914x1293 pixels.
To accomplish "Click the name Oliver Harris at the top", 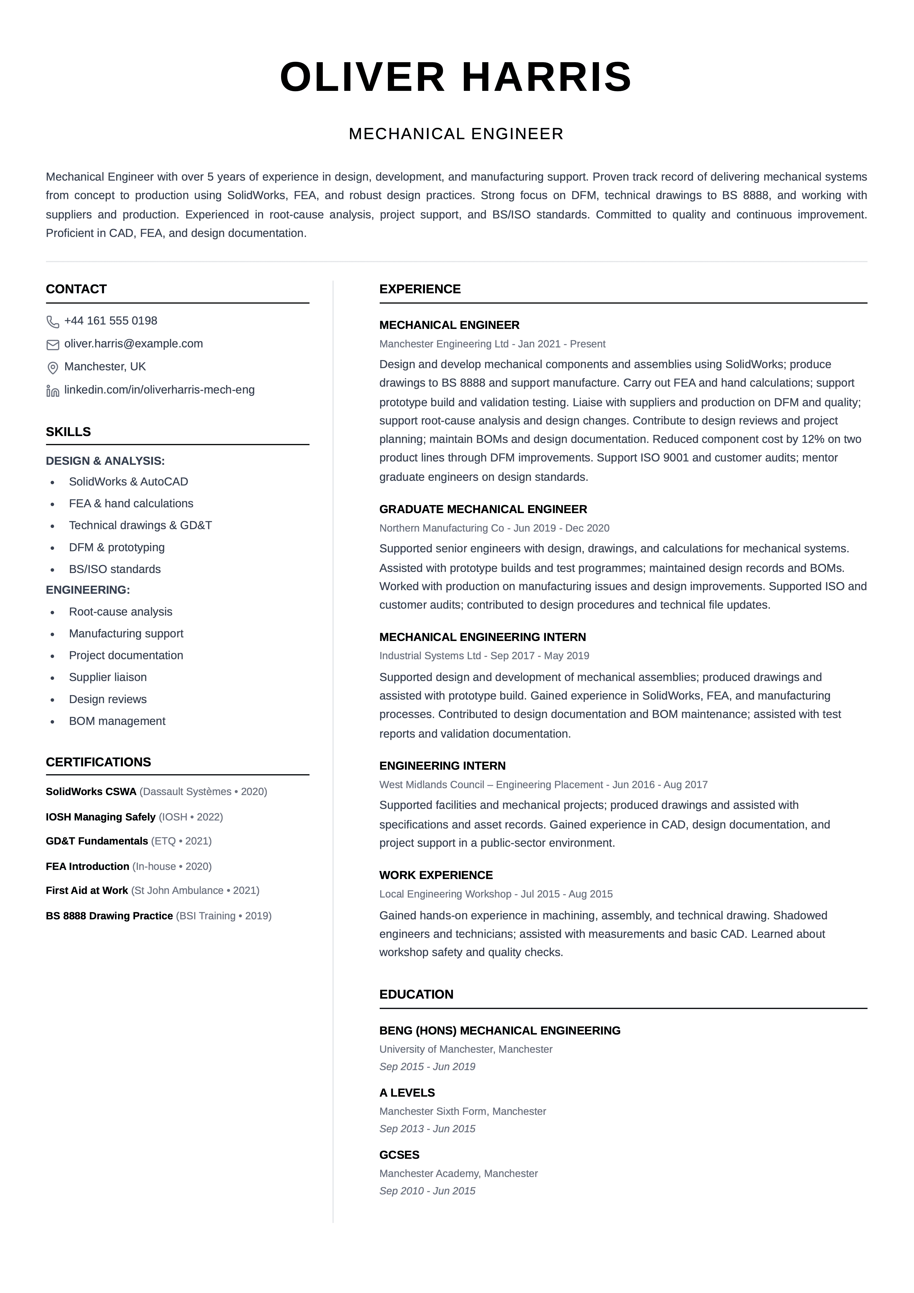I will tap(456, 77).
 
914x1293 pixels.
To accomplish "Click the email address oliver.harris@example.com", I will tap(133, 344).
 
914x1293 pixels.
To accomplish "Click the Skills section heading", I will tap(68, 432).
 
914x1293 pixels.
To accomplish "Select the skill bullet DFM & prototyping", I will tap(117, 547).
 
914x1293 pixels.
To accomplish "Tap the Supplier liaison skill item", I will tap(108, 677).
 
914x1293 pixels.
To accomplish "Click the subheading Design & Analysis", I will tap(105, 461).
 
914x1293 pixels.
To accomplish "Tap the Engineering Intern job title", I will tap(442, 766).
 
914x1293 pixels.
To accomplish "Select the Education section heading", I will tap(416, 994).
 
